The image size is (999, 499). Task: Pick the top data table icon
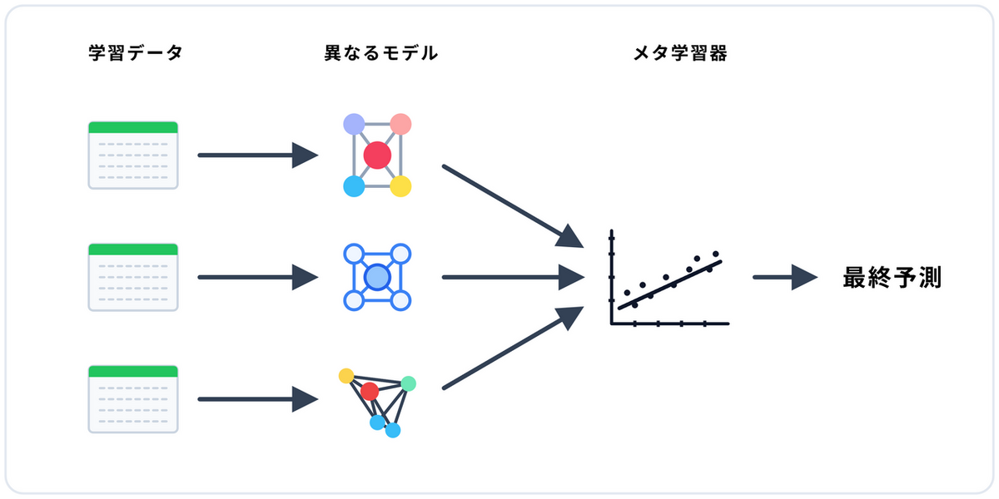[x=133, y=156]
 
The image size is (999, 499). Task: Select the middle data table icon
[x=133, y=277]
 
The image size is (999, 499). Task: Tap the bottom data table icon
[x=133, y=399]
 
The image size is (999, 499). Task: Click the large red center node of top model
[x=377, y=156]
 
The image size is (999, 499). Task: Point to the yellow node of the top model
[x=400, y=186]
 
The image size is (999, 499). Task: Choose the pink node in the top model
[x=401, y=125]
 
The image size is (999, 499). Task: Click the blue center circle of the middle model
[x=377, y=277]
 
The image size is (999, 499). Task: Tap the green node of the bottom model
[x=408, y=383]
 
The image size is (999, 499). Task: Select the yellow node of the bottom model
[x=346, y=376]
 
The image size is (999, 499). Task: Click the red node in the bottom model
[x=370, y=391]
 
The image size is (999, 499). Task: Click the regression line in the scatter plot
[x=670, y=284]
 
